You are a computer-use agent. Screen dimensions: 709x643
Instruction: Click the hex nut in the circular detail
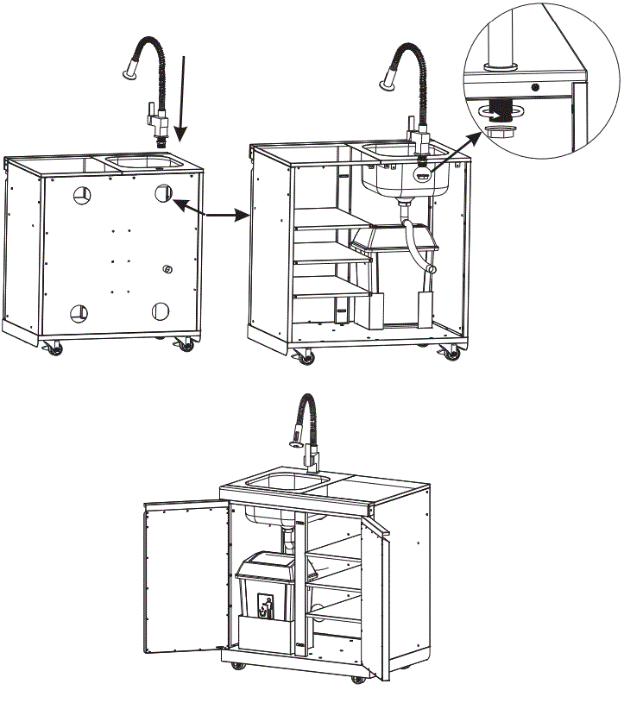click(x=499, y=131)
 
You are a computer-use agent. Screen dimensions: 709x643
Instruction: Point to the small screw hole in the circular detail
click(x=535, y=87)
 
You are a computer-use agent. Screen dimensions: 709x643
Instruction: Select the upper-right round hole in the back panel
click(x=162, y=194)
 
